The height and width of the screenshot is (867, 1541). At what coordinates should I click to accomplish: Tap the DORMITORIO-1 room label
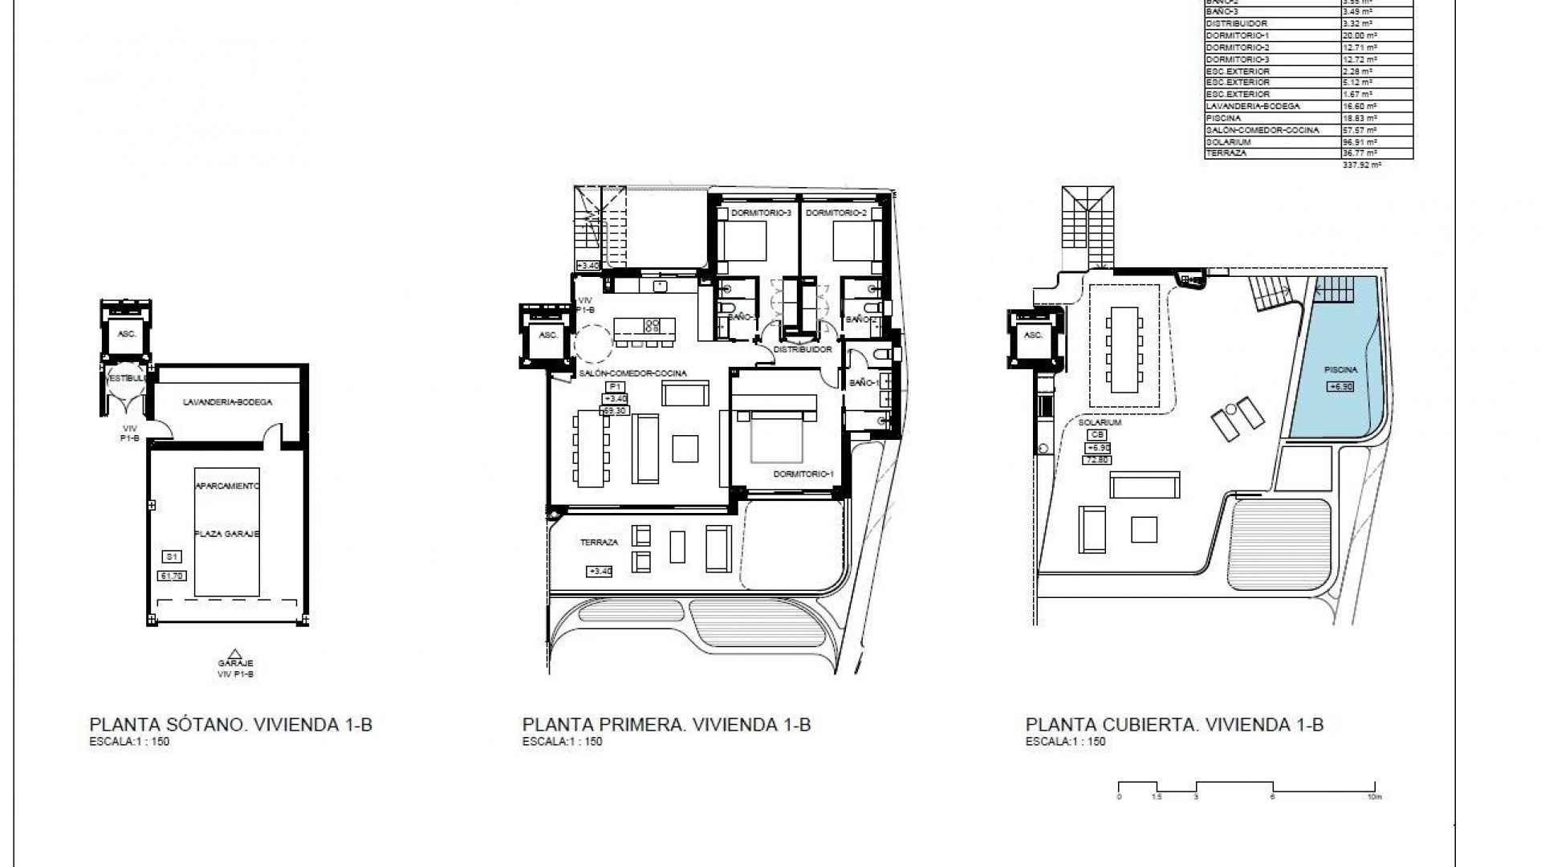(x=803, y=474)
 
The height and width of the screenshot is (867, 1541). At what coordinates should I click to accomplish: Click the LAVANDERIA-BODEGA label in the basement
(x=227, y=401)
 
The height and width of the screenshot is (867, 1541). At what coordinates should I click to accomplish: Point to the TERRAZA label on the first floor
(x=599, y=543)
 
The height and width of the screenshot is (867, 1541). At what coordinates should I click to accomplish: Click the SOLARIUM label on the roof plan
(x=1100, y=422)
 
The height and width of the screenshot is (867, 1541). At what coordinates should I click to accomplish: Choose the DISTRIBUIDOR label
(x=803, y=350)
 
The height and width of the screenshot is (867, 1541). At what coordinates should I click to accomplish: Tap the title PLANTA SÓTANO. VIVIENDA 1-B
(x=231, y=724)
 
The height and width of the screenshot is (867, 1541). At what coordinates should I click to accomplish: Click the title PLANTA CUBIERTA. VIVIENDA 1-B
(x=1174, y=724)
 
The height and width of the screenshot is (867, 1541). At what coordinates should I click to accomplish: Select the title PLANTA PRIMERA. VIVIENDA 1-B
(x=666, y=724)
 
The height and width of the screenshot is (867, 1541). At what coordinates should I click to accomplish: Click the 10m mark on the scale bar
(x=1374, y=797)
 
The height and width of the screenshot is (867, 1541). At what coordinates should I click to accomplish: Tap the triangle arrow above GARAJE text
(x=234, y=653)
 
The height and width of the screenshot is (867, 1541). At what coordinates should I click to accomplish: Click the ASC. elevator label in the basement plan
(x=126, y=334)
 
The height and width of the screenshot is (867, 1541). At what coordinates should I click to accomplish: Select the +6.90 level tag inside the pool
(x=1342, y=386)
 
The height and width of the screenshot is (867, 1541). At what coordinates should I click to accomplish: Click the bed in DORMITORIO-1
(x=776, y=438)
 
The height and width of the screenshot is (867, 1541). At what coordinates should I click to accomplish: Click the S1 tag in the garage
(x=171, y=556)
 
